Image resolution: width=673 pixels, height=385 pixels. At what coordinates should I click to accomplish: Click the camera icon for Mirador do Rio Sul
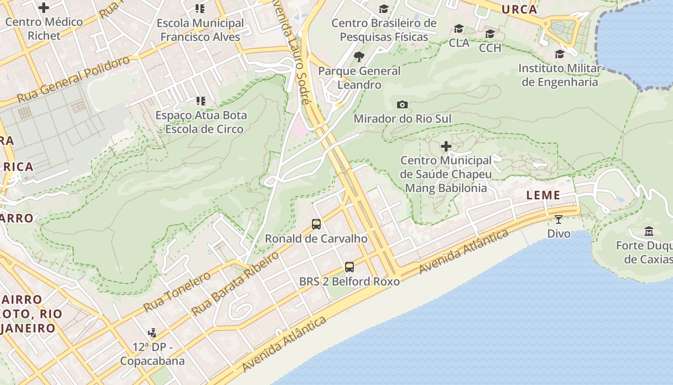click(x=402, y=104)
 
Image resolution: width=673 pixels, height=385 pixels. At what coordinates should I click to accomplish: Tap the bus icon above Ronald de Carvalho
click(x=316, y=224)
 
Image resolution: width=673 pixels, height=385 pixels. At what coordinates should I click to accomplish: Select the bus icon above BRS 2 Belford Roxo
click(x=349, y=267)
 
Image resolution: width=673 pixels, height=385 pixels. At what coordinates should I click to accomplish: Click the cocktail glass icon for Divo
click(x=558, y=219)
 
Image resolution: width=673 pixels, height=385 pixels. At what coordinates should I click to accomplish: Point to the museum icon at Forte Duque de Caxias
click(x=648, y=231)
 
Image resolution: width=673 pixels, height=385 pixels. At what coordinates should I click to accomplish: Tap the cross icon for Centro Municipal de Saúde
click(x=446, y=146)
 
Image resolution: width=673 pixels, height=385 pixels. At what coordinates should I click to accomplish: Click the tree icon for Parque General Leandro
click(x=359, y=57)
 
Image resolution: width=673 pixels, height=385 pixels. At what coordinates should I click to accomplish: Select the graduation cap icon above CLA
click(x=459, y=29)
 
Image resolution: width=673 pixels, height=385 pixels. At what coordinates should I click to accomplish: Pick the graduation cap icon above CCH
click(x=490, y=34)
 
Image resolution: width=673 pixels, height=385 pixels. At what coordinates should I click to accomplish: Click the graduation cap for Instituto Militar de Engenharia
click(x=560, y=54)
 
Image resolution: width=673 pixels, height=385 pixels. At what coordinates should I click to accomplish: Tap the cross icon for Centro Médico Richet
click(x=44, y=8)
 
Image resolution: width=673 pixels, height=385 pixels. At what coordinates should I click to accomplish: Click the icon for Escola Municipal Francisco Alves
click(x=200, y=9)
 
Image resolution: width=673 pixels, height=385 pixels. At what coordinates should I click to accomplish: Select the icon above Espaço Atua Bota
click(x=200, y=101)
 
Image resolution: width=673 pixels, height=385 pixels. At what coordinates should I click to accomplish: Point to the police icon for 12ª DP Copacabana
click(x=152, y=333)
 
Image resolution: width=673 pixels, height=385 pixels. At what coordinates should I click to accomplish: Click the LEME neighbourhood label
click(x=543, y=195)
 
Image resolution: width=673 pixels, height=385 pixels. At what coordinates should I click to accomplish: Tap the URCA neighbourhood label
click(x=519, y=9)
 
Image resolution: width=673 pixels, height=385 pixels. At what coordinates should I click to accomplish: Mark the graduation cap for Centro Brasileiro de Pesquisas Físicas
click(x=384, y=9)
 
